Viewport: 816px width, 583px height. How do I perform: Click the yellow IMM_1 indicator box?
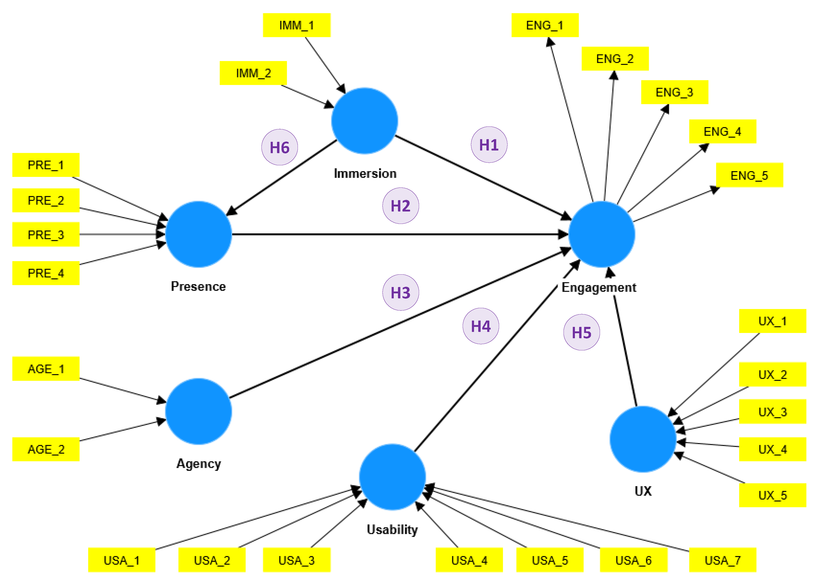[296, 25]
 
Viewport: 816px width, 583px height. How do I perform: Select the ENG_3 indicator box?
[674, 92]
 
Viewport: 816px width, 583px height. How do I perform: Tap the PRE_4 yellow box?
[46, 273]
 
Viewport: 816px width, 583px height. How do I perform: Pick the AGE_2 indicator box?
[46, 449]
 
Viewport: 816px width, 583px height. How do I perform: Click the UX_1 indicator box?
[772, 321]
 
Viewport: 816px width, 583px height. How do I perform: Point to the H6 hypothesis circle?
[279, 147]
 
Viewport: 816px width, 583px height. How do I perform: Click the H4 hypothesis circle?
[480, 326]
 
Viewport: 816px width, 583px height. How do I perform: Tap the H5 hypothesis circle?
[581, 332]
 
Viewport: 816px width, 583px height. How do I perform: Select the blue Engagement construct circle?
[601, 234]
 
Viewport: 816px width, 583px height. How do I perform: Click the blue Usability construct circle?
[392, 477]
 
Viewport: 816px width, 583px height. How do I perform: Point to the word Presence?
[198, 286]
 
